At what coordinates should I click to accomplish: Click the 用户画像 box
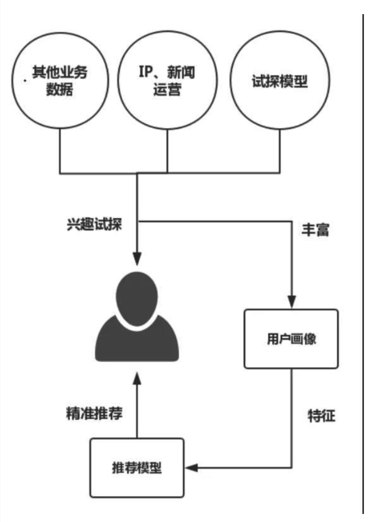[291, 339]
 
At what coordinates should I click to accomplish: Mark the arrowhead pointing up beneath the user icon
[137, 379]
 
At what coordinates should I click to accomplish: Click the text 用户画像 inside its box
[291, 339]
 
